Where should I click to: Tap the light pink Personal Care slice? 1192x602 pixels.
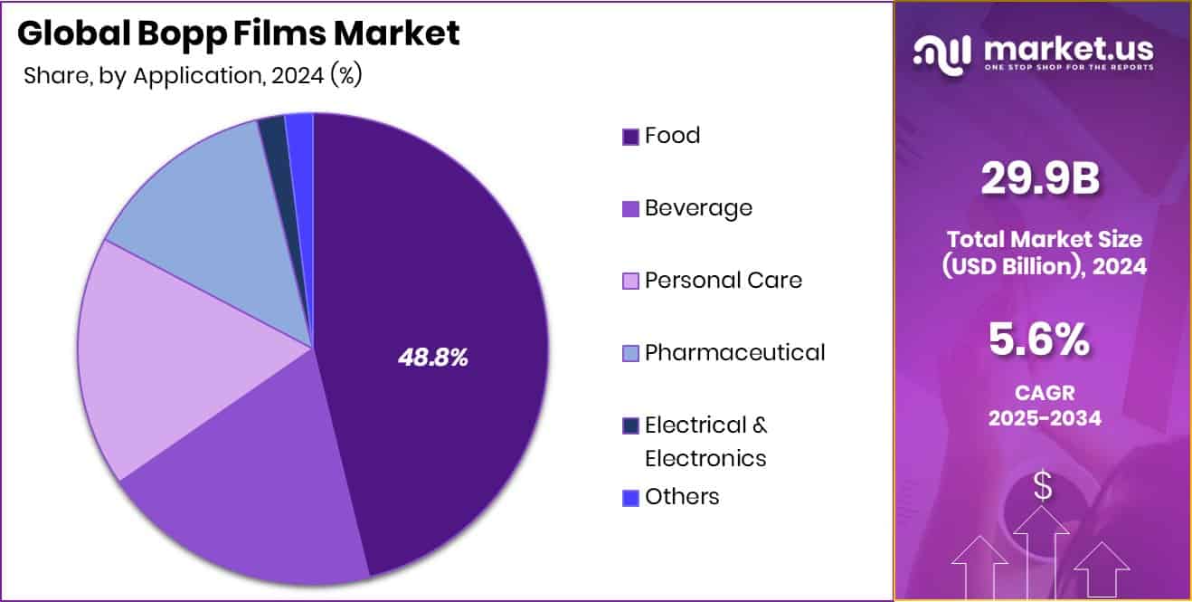point(172,353)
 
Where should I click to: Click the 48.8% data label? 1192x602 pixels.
point(433,358)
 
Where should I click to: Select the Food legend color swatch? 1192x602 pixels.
point(630,137)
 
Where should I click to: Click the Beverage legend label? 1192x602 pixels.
point(698,208)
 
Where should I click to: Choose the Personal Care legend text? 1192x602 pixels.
point(723,281)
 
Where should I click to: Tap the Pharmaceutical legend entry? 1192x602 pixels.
point(734,352)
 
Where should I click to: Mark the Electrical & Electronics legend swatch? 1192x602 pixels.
point(630,425)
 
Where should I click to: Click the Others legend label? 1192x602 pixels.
point(682,497)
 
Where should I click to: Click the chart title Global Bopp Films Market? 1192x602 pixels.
point(239,33)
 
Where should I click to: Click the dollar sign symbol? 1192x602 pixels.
point(1043,487)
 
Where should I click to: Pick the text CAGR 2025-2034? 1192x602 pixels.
point(1044,406)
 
